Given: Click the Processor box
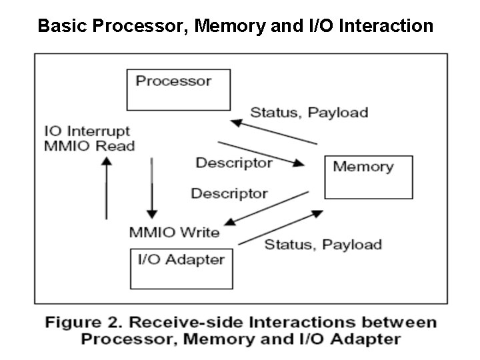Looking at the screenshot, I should pos(178,89).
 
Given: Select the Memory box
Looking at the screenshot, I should pos(367,177).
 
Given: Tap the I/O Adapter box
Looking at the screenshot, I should pos(181,268).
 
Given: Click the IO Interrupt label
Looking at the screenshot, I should pos(87,131).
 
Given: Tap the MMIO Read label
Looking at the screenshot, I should pos(89,146).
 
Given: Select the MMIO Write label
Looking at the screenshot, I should pos(174,232).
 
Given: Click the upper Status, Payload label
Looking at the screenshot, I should pos(309,112).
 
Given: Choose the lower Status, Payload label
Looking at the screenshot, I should pos(323,244).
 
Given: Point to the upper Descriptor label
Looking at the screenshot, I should pos(233,163).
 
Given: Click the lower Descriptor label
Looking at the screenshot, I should pos(229,193).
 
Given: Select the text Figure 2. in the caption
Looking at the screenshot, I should pos(81,323).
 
